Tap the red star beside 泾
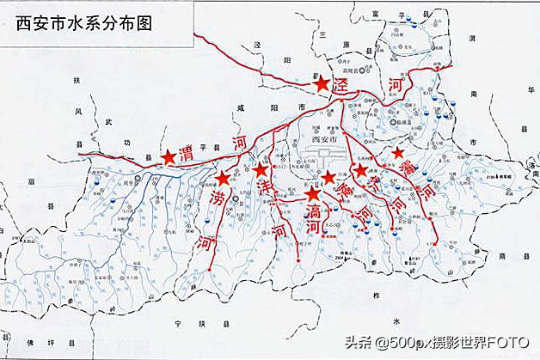point(322,84)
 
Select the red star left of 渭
point(169,157)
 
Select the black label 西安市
point(324,138)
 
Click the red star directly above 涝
point(223,179)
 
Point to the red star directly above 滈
point(312,194)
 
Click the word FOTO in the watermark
point(508,344)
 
